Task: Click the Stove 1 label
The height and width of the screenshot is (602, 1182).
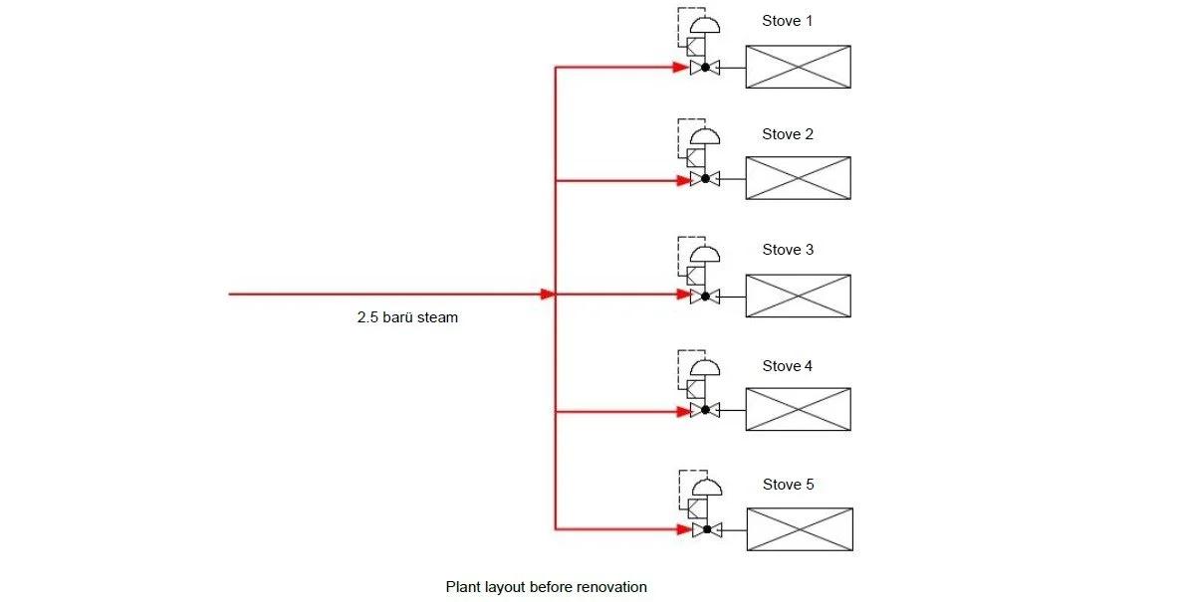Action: (x=788, y=21)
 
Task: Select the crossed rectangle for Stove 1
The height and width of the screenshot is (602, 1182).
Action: (x=798, y=67)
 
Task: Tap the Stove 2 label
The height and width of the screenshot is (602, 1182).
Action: (x=788, y=134)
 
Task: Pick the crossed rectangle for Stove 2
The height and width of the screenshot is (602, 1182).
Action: (x=798, y=178)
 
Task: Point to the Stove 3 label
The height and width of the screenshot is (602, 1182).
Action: (x=788, y=250)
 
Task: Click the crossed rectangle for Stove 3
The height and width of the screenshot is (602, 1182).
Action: (x=798, y=296)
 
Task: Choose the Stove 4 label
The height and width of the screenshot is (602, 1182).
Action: (x=788, y=366)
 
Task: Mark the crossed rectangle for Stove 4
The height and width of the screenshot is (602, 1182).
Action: (x=798, y=409)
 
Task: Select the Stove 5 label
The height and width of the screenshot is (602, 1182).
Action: (x=788, y=485)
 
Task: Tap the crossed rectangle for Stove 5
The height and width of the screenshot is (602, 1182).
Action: (x=800, y=529)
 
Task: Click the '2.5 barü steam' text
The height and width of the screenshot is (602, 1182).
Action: (x=408, y=318)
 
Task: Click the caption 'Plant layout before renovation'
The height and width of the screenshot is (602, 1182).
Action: (x=546, y=587)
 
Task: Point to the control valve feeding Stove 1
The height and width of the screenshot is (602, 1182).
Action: (x=705, y=68)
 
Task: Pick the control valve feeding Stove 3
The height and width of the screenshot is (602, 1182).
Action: (x=705, y=296)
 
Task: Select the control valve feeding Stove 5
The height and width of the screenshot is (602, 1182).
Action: (x=706, y=529)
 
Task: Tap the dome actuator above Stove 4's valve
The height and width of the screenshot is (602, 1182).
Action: (x=705, y=367)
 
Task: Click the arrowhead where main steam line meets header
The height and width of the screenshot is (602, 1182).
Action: (x=547, y=295)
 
